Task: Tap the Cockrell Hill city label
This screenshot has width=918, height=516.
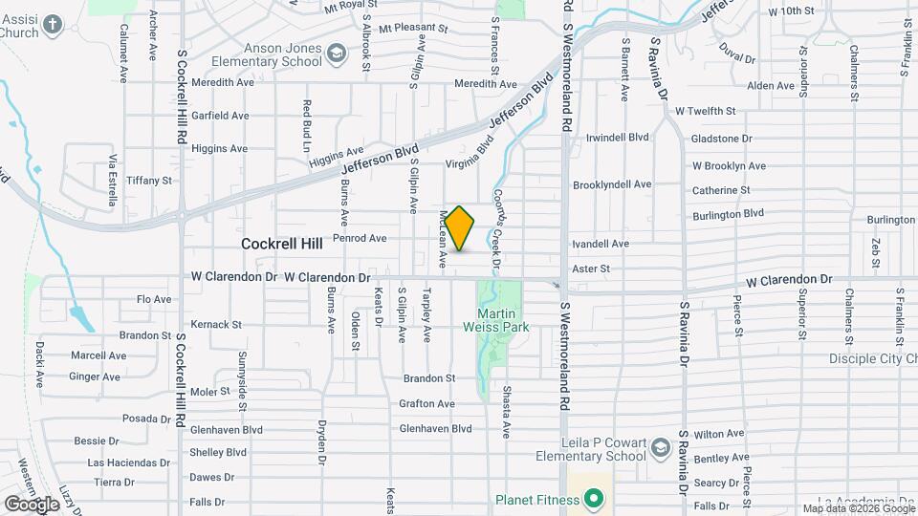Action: [x=282, y=244]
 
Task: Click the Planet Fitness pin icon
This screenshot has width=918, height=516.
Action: [x=593, y=499]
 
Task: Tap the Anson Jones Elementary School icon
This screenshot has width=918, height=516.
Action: [x=336, y=53]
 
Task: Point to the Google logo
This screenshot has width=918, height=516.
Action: [x=32, y=505]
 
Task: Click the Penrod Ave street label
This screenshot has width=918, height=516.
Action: [x=360, y=238]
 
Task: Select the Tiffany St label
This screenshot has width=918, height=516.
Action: [x=148, y=180]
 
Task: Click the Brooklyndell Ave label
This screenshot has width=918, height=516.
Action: [x=612, y=184]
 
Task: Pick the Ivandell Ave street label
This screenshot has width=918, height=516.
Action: [x=601, y=244]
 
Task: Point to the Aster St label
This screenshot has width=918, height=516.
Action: [x=591, y=269]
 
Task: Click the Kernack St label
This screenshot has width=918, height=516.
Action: [x=216, y=324]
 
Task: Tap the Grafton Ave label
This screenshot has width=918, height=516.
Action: [x=426, y=403]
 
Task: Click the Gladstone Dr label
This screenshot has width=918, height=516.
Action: [x=721, y=139]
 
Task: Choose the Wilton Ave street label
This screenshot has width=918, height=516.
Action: [x=719, y=434]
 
